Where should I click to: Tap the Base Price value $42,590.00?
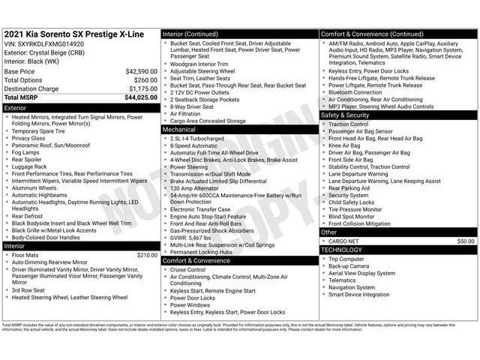141,71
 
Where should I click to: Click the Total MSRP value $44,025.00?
141,97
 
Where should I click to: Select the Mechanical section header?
179,130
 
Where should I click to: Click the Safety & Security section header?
345,115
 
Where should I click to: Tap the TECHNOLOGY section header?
341,250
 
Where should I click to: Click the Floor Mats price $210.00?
146,255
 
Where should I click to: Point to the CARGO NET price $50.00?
466,241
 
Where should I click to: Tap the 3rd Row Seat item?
28,290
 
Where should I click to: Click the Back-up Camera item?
349,266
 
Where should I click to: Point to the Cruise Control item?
187,269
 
